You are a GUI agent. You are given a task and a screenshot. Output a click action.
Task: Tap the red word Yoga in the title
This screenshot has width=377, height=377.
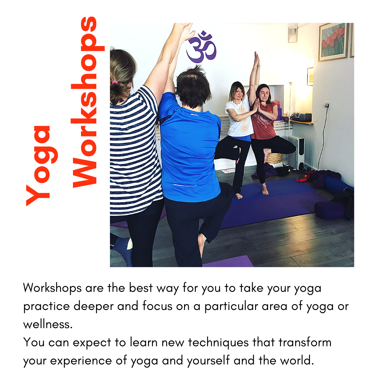coord(42,166)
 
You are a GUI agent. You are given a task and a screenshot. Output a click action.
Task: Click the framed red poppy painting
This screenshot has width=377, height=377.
coord(333,42)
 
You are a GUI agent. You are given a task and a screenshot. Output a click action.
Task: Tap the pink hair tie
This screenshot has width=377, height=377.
coord(115,82)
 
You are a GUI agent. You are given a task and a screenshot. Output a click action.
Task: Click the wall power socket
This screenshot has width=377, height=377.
coord(326,105)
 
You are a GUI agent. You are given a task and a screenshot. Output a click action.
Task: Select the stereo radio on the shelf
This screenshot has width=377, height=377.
coord(302,117)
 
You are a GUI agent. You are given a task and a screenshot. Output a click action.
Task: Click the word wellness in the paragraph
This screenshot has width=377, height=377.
coord(48,324)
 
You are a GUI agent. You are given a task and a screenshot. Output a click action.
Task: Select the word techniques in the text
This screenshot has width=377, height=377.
coord(218,342)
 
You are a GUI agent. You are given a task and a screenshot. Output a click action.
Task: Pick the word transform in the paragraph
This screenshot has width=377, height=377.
coord(305,342)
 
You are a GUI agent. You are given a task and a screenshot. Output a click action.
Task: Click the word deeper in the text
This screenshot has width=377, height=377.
coord(94,306)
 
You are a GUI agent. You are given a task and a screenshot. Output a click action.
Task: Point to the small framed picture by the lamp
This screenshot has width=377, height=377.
coord(310,76)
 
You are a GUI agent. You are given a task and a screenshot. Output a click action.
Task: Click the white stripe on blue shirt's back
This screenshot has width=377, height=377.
coord(185,185)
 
